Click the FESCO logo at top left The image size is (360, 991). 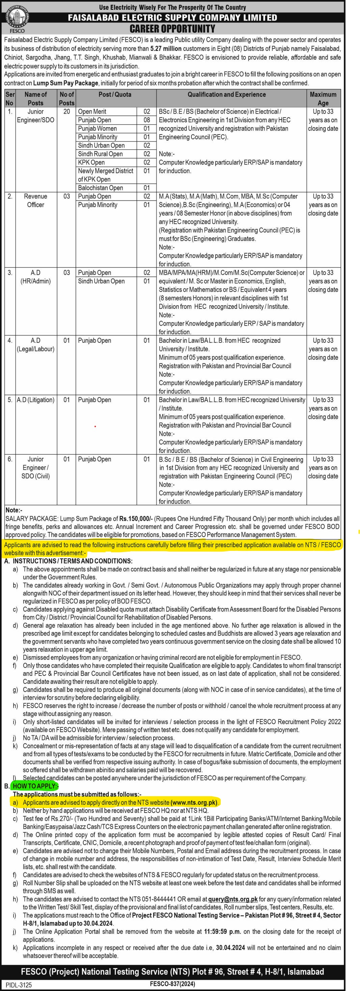[17, 19]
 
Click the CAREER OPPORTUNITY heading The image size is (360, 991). [172, 29]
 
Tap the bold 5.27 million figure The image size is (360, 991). [166, 49]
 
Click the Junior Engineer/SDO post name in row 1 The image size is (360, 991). [35, 116]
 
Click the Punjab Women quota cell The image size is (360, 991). [97, 129]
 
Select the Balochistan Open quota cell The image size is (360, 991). [101, 188]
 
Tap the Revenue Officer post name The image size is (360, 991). [35, 200]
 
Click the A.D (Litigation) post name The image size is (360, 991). [35, 400]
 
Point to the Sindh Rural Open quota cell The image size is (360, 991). [101, 154]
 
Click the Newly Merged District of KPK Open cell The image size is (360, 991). [105, 175]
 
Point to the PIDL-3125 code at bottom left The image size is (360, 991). [19, 985]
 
